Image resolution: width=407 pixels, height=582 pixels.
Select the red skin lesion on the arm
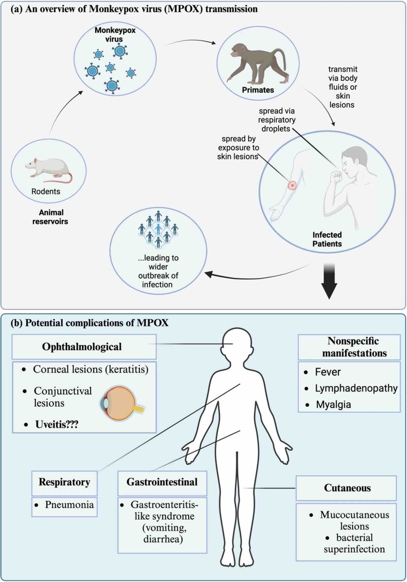[292, 185]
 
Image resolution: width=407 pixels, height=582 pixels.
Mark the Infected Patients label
[321, 239]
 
